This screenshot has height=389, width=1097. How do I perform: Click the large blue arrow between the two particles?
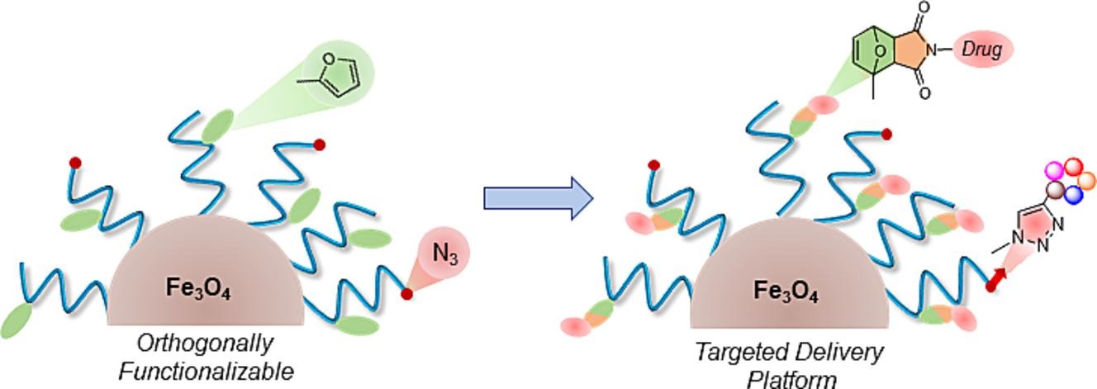coord(538,198)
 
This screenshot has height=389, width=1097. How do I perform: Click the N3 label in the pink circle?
coord(444,255)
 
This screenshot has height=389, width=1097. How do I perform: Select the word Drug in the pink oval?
coord(982,50)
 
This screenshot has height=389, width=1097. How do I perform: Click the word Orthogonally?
coord(205,343)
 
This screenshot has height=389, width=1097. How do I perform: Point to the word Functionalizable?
coord(206,371)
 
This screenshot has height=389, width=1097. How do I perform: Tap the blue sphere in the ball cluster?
coord(1073,195)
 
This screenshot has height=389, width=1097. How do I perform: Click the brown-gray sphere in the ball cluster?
coord(1055,191)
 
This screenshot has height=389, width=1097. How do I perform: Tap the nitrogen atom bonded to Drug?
coord(932,50)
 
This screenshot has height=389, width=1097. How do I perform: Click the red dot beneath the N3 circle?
coord(406,293)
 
